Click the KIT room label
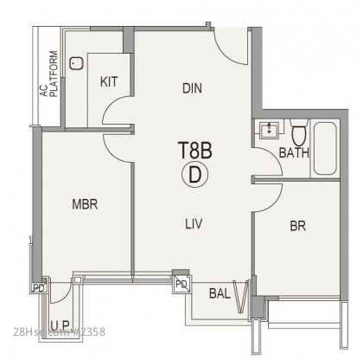point(109,81)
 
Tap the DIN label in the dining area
point(192,88)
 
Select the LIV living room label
point(194,223)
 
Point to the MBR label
point(85,204)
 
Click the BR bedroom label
point(298,226)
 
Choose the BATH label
point(294,152)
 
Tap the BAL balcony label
point(220,293)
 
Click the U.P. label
point(60,325)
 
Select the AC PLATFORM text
point(49,74)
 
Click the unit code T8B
point(195,150)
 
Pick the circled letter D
point(194,175)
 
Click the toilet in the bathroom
point(299,132)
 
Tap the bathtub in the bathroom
point(325,149)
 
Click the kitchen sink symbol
point(76,63)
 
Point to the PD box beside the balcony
point(182,285)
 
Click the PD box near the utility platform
point(39,287)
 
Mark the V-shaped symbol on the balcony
point(241,297)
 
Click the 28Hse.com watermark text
point(59,332)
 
